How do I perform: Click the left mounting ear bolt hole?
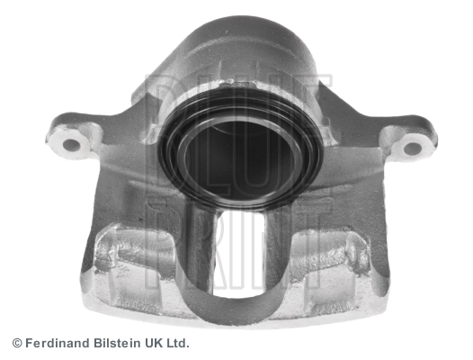pos(72,145)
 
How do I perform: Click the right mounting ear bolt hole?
pos(412,148)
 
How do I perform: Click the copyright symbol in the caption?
pos(17,344)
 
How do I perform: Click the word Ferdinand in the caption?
pos(58,343)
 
